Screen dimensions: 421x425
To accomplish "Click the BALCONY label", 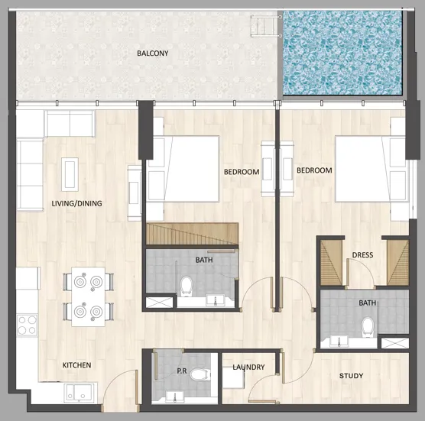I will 153,53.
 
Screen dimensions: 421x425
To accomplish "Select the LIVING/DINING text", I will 76,203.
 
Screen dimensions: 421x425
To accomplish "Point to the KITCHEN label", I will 76,365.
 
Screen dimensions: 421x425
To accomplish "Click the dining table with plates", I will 89,296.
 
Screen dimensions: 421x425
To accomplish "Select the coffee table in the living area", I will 70,173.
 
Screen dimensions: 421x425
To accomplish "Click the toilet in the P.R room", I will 199,375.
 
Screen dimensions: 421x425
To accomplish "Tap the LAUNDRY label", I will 249,368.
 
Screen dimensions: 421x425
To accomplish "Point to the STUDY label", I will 351,376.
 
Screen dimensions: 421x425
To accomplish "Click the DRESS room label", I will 362,255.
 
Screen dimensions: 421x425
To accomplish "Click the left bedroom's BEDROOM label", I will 241,172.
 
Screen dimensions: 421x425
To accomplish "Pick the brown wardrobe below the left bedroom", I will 192,234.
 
